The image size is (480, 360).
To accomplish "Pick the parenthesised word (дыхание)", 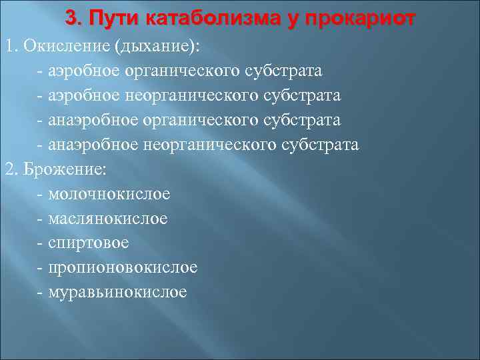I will (x=160, y=46).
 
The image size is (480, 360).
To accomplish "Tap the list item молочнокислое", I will (x=109, y=194).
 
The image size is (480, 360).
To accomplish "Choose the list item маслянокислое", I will (x=108, y=219).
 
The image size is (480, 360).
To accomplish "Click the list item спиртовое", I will (x=89, y=243).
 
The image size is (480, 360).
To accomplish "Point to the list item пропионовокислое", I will (x=123, y=268).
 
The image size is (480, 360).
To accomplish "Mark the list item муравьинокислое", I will (x=118, y=293).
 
